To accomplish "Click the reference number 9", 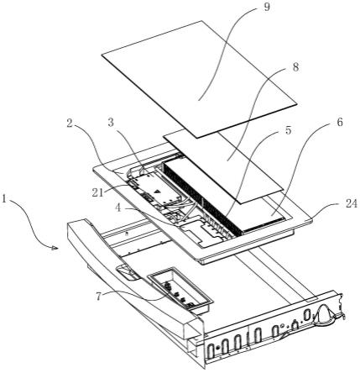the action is (267, 8).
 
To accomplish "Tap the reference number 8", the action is (295, 67).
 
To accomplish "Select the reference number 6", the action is (339, 123).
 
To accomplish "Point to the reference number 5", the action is (289, 130).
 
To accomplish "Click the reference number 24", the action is (352, 204).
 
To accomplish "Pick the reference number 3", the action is (111, 123).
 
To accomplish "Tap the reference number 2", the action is (70, 123).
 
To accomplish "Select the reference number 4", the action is (118, 208).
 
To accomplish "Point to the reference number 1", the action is (4, 199).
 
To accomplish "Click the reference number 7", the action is (98, 297).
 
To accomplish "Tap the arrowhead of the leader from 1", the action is (56, 248).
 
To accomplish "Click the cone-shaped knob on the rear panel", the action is (325, 314).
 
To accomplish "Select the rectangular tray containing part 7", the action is (180, 291).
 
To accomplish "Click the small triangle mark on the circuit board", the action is (157, 192).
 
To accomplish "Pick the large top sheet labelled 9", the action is (199, 79).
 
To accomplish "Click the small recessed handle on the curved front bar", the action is (128, 271).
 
